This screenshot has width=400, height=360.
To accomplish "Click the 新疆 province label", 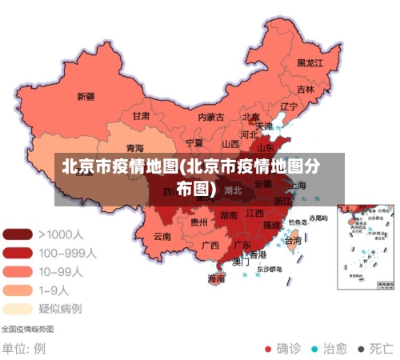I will click(x=86, y=97).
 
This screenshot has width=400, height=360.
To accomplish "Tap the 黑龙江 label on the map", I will click(x=310, y=62).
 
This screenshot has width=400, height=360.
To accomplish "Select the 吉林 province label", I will click(x=306, y=90).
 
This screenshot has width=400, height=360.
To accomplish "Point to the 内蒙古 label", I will click(x=210, y=117).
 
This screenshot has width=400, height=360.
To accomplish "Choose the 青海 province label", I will click(x=135, y=148).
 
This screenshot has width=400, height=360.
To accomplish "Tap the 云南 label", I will click(x=162, y=237).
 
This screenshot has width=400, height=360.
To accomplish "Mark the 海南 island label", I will click(x=217, y=278).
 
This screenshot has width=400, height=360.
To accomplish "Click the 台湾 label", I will click(x=294, y=240).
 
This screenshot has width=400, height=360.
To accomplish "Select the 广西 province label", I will click(x=210, y=245).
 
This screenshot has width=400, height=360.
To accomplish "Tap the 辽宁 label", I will click(x=289, y=106).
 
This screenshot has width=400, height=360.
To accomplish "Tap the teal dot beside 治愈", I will click(x=314, y=349).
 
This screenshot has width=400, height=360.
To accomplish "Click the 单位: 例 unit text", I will click(x=24, y=349).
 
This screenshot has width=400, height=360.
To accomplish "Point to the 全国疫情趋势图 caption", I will click(x=28, y=329).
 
